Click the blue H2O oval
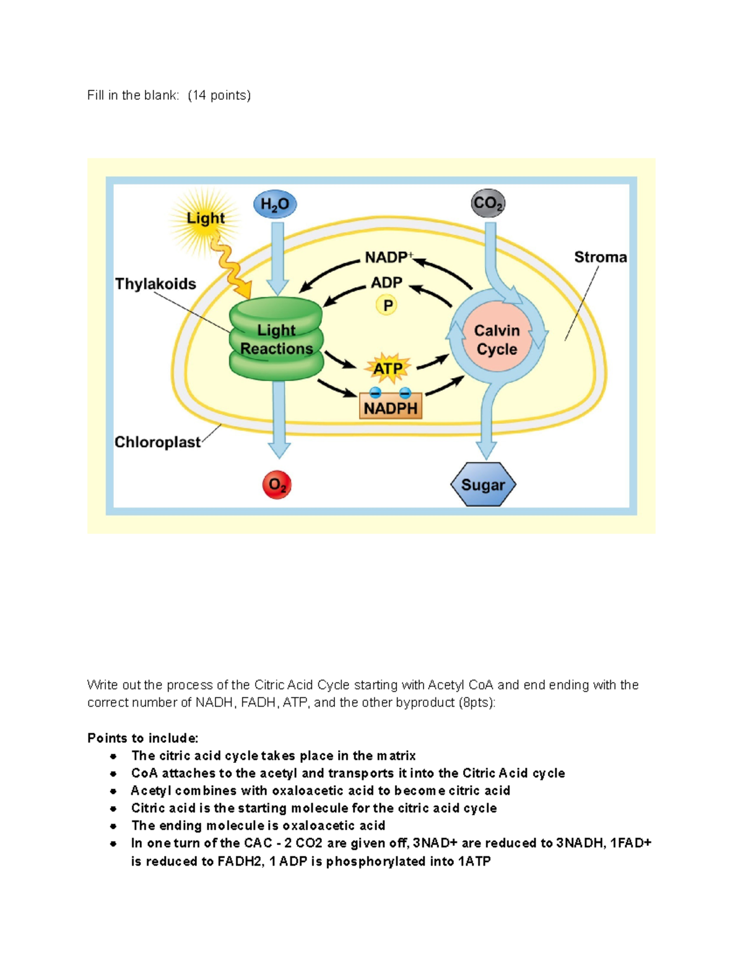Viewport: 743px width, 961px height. [x=275, y=205]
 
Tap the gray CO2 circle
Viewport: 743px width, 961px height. [x=488, y=204]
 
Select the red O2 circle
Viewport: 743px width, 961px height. [x=277, y=485]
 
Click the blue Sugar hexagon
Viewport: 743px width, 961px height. [x=483, y=485]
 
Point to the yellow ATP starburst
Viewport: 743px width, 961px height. [x=388, y=369]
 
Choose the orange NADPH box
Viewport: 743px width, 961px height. [x=391, y=408]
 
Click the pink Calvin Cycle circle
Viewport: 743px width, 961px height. [x=497, y=340]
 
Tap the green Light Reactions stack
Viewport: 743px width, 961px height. [x=276, y=339]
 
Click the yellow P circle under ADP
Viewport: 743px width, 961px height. [x=387, y=305]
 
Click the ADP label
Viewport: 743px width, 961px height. [x=386, y=283]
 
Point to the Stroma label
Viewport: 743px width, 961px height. [x=600, y=257]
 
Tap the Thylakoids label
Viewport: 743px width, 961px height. [x=155, y=284]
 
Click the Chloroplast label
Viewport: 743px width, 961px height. [x=157, y=442]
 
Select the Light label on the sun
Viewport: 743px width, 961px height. [x=206, y=218]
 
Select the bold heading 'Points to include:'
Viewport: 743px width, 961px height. [x=143, y=738]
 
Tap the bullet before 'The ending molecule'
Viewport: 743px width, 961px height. [x=113, y=826]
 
